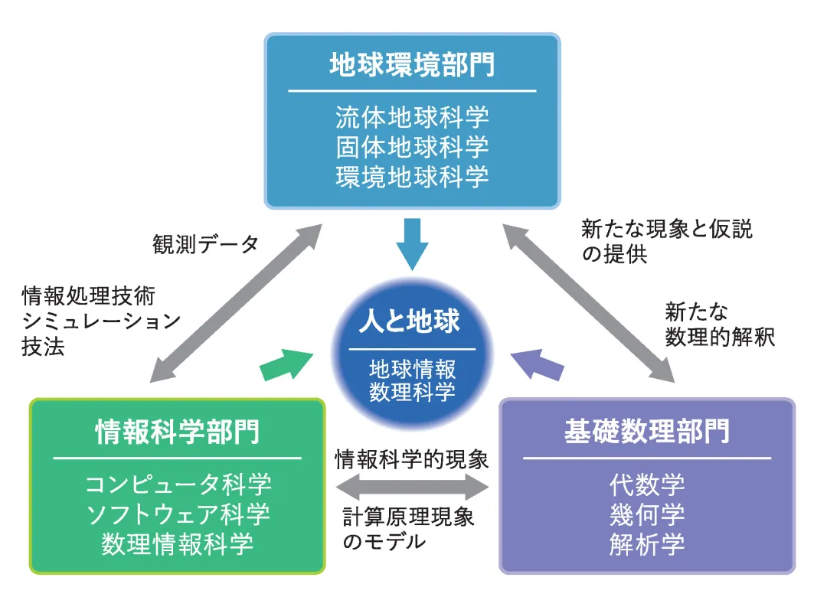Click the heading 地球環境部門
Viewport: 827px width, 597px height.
412,65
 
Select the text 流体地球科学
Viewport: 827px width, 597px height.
412,117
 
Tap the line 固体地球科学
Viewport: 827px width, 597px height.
412,147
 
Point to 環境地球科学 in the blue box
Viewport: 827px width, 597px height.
412,177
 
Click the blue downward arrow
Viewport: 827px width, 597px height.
412,243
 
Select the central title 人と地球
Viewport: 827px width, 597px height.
410,321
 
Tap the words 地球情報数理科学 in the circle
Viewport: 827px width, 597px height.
412,380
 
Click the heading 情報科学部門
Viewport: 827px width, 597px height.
177,432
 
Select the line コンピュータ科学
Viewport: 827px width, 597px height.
178,484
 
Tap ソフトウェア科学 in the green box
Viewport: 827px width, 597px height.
178,514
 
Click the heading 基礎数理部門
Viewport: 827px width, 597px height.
646,432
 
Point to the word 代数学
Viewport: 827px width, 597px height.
647,484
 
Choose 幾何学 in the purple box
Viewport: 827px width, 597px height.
647,514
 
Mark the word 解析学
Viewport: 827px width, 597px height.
647,544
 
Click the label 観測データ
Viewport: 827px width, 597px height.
205,244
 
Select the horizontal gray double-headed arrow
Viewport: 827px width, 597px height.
412,487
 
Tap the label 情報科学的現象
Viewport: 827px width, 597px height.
411,459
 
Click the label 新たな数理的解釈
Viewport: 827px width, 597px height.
719,325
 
